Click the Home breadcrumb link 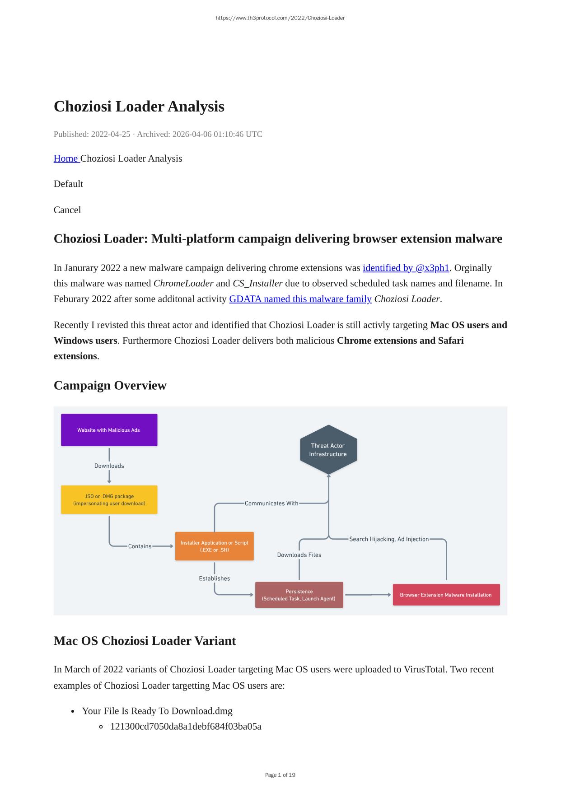pos(66,159)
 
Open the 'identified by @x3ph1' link pos(406,268)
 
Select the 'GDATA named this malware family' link pos(300,299)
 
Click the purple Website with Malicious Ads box pos(109,430)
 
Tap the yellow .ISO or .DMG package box pos(109,499)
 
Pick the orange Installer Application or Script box pos(214,546)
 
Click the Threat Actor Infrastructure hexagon pos(328,450)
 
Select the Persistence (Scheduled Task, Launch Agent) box pos(299,595)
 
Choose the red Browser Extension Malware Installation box pos(446,595)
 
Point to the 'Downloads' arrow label pos(109,466)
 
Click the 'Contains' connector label pos(140,546)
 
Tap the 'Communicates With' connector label pos(271,503)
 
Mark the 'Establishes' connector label pos(214,578)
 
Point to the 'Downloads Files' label pos(299,555)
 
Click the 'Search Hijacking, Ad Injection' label pos(389,539)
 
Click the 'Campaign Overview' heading pos(110,385)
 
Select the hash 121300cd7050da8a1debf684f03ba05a pos(186,726)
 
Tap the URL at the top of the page pos(280,18)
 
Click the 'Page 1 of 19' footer pos(280,775)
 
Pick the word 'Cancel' pos(67,210)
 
